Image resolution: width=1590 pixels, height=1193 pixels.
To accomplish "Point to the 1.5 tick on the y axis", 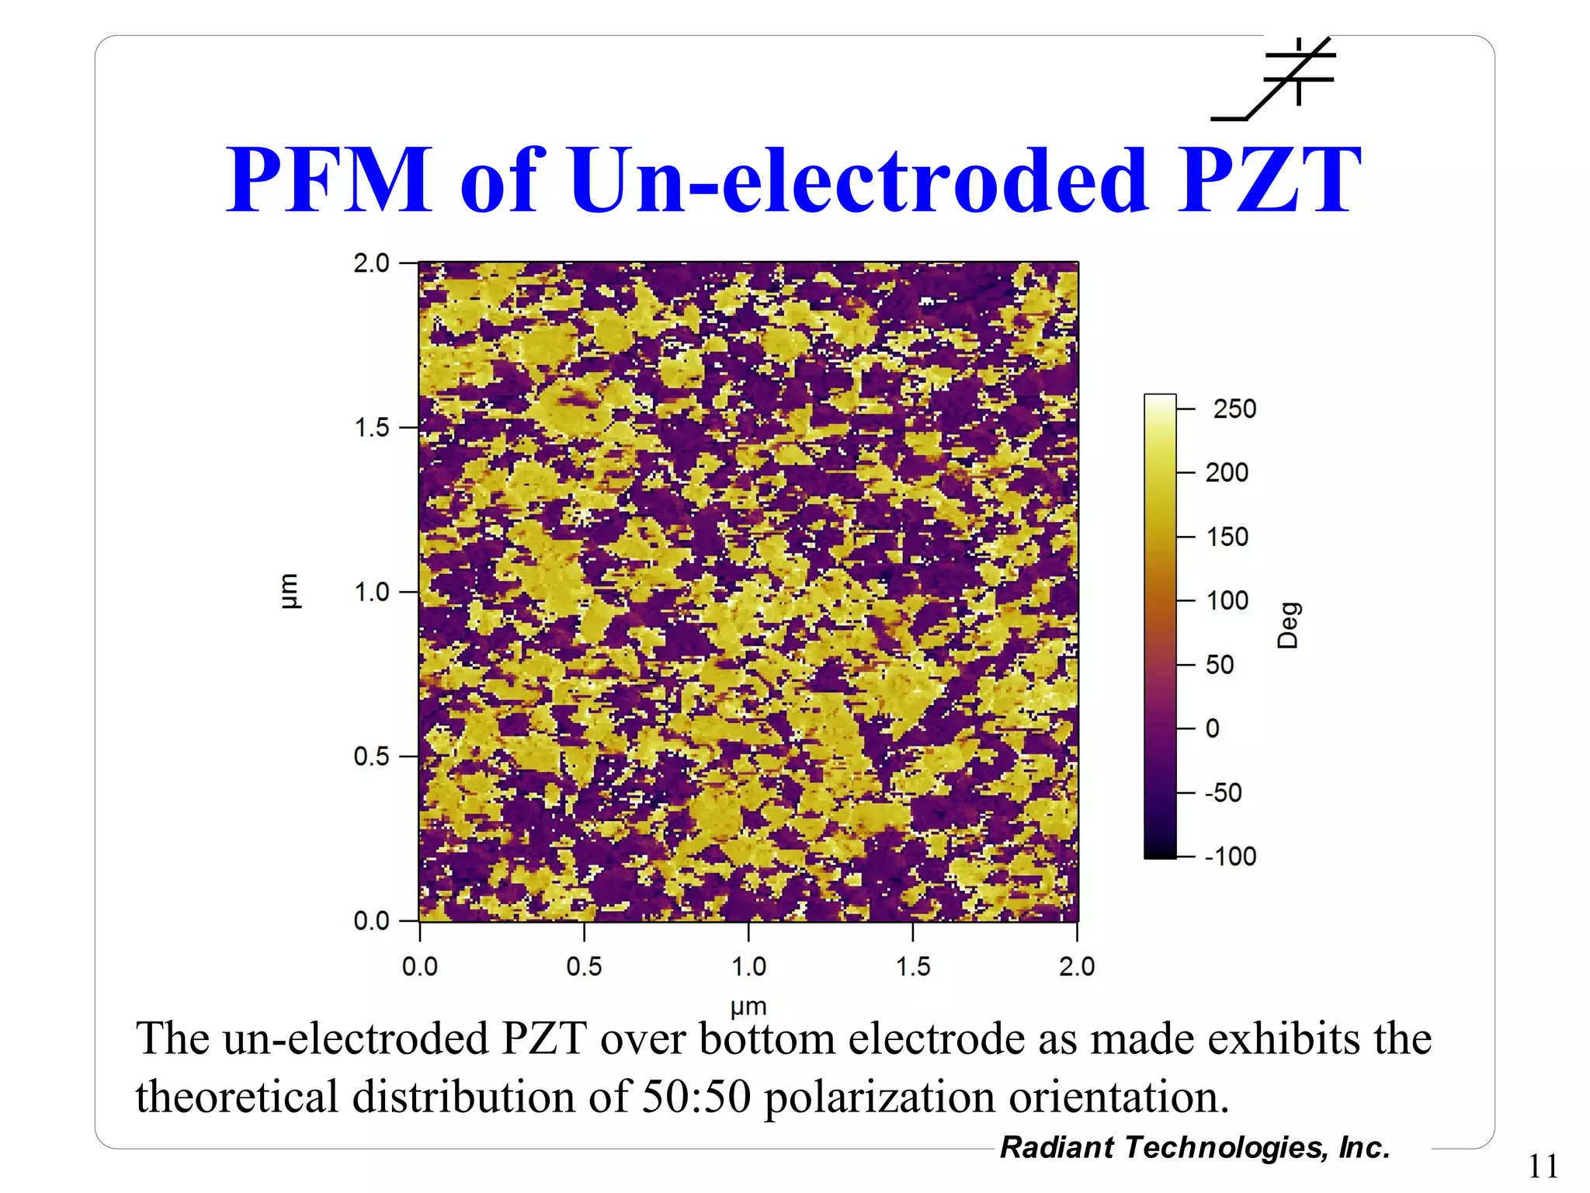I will tap(372, 427).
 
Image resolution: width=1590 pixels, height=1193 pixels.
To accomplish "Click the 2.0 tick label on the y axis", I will tap(372, 263).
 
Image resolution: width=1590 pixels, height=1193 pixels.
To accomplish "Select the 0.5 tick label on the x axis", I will tap(584, 966).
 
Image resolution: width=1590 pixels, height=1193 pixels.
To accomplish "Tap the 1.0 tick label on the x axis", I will tap(748, 966).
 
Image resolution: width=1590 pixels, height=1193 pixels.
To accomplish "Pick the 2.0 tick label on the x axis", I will tap(1077, 966).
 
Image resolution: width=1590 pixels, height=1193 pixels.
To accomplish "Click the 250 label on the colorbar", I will tap(1234, 409).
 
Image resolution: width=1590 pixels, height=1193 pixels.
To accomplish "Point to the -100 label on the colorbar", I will tap(1231, 856).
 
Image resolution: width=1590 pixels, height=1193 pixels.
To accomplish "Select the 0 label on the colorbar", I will tap(1213, 729).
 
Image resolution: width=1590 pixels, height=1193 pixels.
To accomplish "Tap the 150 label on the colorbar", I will tap(1227, 537).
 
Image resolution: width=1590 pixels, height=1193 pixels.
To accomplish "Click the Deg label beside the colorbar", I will tap(1288, 624).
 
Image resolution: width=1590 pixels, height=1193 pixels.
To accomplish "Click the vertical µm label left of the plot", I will tap(288, 591).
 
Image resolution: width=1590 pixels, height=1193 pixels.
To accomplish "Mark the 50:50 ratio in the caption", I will tap(696, 1097).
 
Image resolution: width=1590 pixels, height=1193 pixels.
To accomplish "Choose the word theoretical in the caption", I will tap(237, 1097).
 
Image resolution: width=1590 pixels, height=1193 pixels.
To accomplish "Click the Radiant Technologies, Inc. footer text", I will tap(1195, 1147).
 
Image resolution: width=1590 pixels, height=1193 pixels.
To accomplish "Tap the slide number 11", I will tap(1543, 1167).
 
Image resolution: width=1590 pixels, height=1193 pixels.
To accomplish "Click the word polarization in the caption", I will tap(880, 1097).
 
